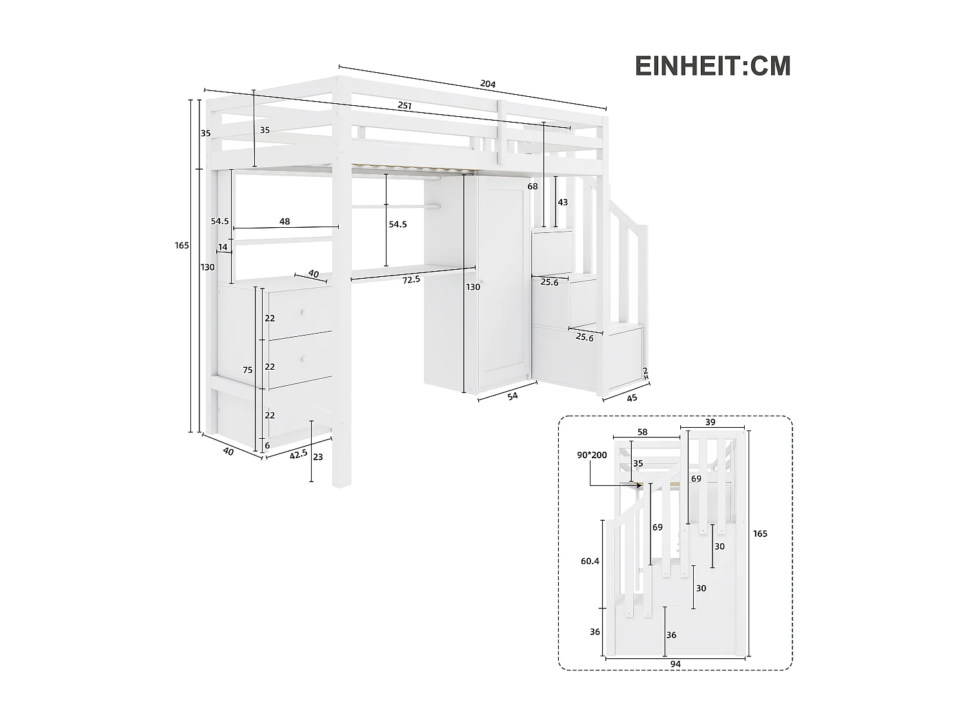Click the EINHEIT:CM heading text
pyautogui.click(x=712, y=66)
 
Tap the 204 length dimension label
pyautogui.click(x=487, y=84)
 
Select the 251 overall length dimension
pyautogui.click(x=405, y=105)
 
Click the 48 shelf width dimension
pyautogui.click(x=285, y=221)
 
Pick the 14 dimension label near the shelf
pyautogui.click(x=223, y=247)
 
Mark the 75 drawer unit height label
pyautogui.click(x=248, y=370)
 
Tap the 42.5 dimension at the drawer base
pyautogui.click(x=298, y=454)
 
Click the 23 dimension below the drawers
pyautogui.click(x=318, y=457)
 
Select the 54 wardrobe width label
pyautogui.click(x=512, y=396)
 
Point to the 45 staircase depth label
pyautogui.click(x=632, y=398)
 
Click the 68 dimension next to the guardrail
pyautogui.click(x=532, y=187)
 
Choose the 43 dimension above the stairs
pyautogui.click(x=563, y=202)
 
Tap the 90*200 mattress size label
pyautogui.click(x=592, y=455)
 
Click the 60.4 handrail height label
pyautogui.click(x=590, y=561)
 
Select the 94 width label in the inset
pyautogui.click(x=676, y=663)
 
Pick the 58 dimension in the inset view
pyautogui.click(x=642, y=432)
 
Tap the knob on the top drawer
pyautogui.click(x=302, y=312)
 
